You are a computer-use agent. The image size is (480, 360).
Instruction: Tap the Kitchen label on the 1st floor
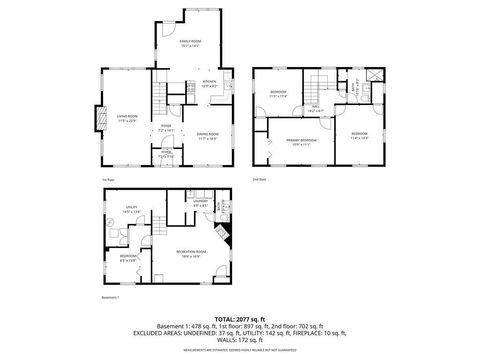210,83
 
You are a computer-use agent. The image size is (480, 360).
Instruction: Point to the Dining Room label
208,137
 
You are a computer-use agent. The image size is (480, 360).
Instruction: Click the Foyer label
167,128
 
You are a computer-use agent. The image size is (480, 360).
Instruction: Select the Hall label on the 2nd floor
314,108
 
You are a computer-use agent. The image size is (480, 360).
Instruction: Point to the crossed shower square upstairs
373,75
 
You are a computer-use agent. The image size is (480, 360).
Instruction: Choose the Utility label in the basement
130,211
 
